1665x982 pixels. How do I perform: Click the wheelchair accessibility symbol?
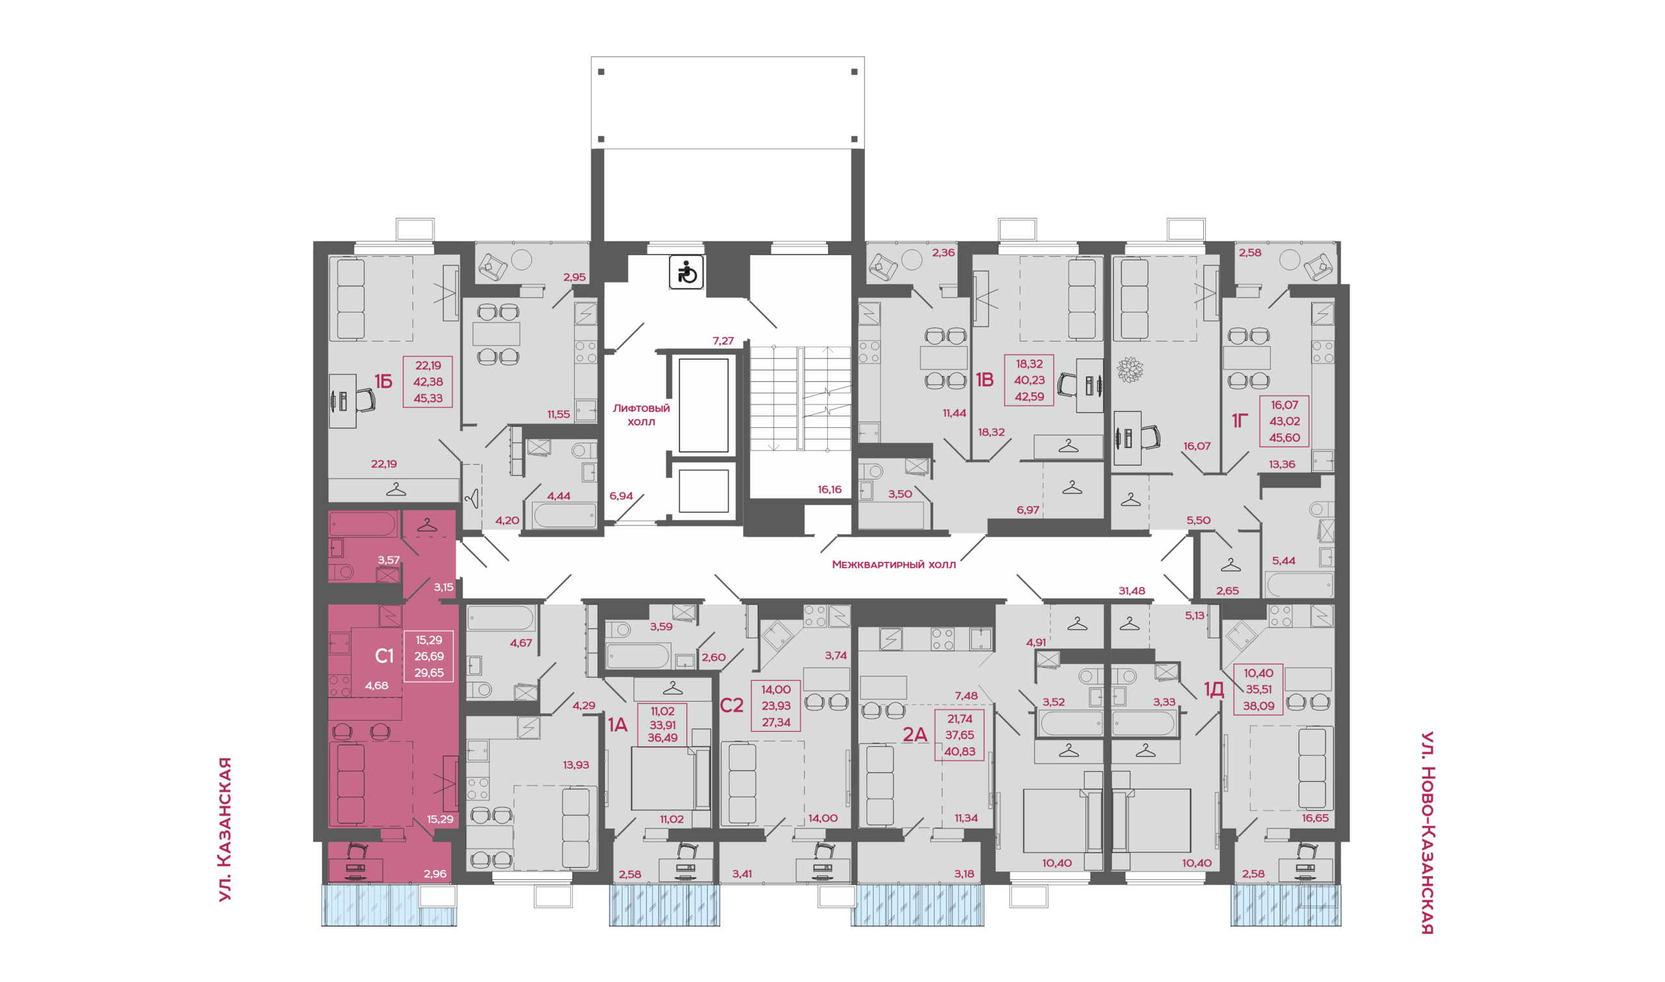click(x=686, y=272)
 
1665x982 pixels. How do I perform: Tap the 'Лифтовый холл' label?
click(x=641, y=415)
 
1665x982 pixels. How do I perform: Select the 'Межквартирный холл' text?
click(x=894, y=564)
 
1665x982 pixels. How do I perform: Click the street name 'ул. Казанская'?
click(x=226, y=829)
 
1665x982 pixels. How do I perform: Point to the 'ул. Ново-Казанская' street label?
click(x=1428, y=832)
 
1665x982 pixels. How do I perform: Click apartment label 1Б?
click(x=383, y=381)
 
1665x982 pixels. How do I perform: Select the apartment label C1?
click(x=384, y=656)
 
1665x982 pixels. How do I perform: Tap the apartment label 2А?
click(x=914, y=734)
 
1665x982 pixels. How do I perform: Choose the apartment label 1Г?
click(x=1240, y=420)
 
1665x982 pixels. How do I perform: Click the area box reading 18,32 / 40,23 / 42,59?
click(x=1029, y=380)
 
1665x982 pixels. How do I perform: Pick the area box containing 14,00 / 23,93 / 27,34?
click(x=775, y=706)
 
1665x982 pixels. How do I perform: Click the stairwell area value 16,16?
click(x=829, y=490)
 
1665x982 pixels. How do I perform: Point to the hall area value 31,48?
click(x=1132, y=591)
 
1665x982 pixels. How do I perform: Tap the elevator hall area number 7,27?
click(x=723, y=341)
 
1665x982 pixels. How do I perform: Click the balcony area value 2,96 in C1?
click(x=434, y=873)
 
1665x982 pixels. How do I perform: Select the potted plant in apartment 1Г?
click(x=1130, y=369)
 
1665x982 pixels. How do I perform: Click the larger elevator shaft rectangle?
click(x=704, y=405)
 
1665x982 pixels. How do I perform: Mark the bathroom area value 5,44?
click(x=1283, y=561)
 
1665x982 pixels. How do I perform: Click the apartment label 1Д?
click(x=1214, y=690)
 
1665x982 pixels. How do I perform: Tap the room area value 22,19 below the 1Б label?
click(x=384, y=464)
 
